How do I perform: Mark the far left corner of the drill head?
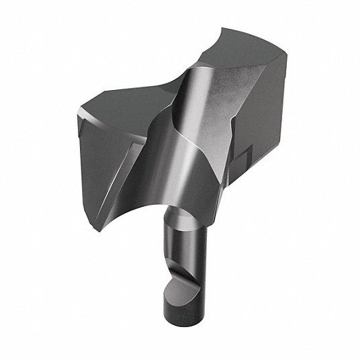click(x=76, y=111)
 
